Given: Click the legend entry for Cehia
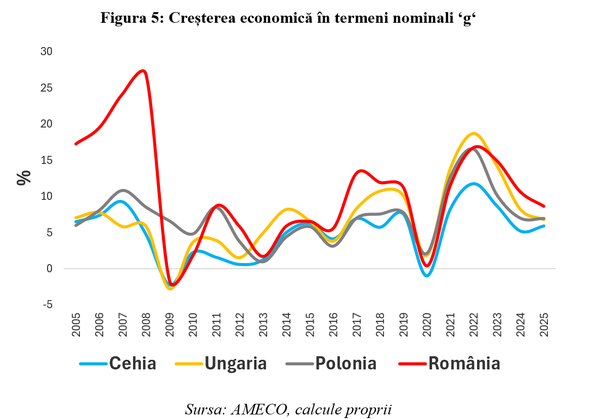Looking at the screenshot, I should click(x=133, y=363).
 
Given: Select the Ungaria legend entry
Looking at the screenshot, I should click(x=235, y=363).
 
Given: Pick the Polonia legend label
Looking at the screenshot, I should click(x=346, y=363).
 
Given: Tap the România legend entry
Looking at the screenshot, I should click(x=464, y=363).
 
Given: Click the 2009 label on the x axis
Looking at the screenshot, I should click(x=170, y=324).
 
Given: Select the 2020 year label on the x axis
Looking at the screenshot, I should click(x=427, y=324).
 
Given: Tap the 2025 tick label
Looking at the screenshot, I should click(x=544, y=324).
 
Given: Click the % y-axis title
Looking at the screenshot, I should click(x=24, y=178).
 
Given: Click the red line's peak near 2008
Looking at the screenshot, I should click(x=144, y=71).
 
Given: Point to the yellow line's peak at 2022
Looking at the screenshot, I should click(x=474, y=134).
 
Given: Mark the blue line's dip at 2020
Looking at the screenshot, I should click(x=427, y=275).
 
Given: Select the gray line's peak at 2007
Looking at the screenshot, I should click(x=123, y=191).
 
